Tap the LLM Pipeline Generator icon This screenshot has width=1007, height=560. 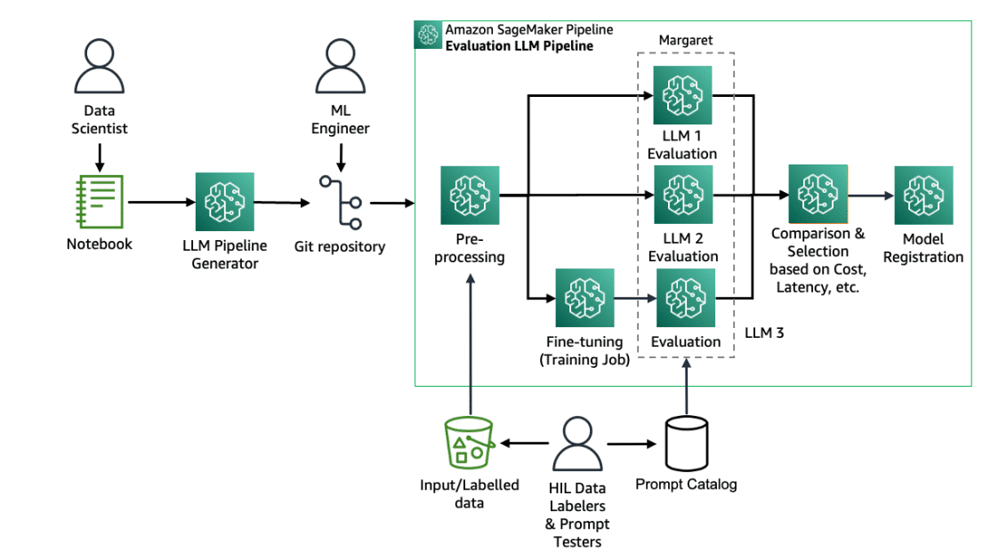click(224, 202)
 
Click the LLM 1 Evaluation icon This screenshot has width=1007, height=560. click(681, 95)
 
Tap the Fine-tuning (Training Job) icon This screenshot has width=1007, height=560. click(584, 298)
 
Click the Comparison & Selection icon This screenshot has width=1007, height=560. click(817, 195)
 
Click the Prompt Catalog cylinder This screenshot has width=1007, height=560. click(686, 442)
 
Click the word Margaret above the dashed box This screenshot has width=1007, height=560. click(686, 41)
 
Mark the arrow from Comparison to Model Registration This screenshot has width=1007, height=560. click(870, 196)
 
